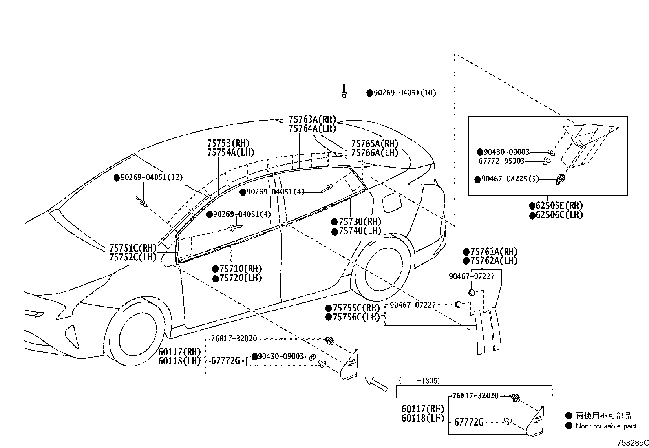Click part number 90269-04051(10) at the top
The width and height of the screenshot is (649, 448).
click(404, 93)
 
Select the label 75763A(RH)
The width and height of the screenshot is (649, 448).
click(312, 119)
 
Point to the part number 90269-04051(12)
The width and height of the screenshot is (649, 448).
click(152, 177)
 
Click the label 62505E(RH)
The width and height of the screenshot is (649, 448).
click(559, 205)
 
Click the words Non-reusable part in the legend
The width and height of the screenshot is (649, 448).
click(605, 426)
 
